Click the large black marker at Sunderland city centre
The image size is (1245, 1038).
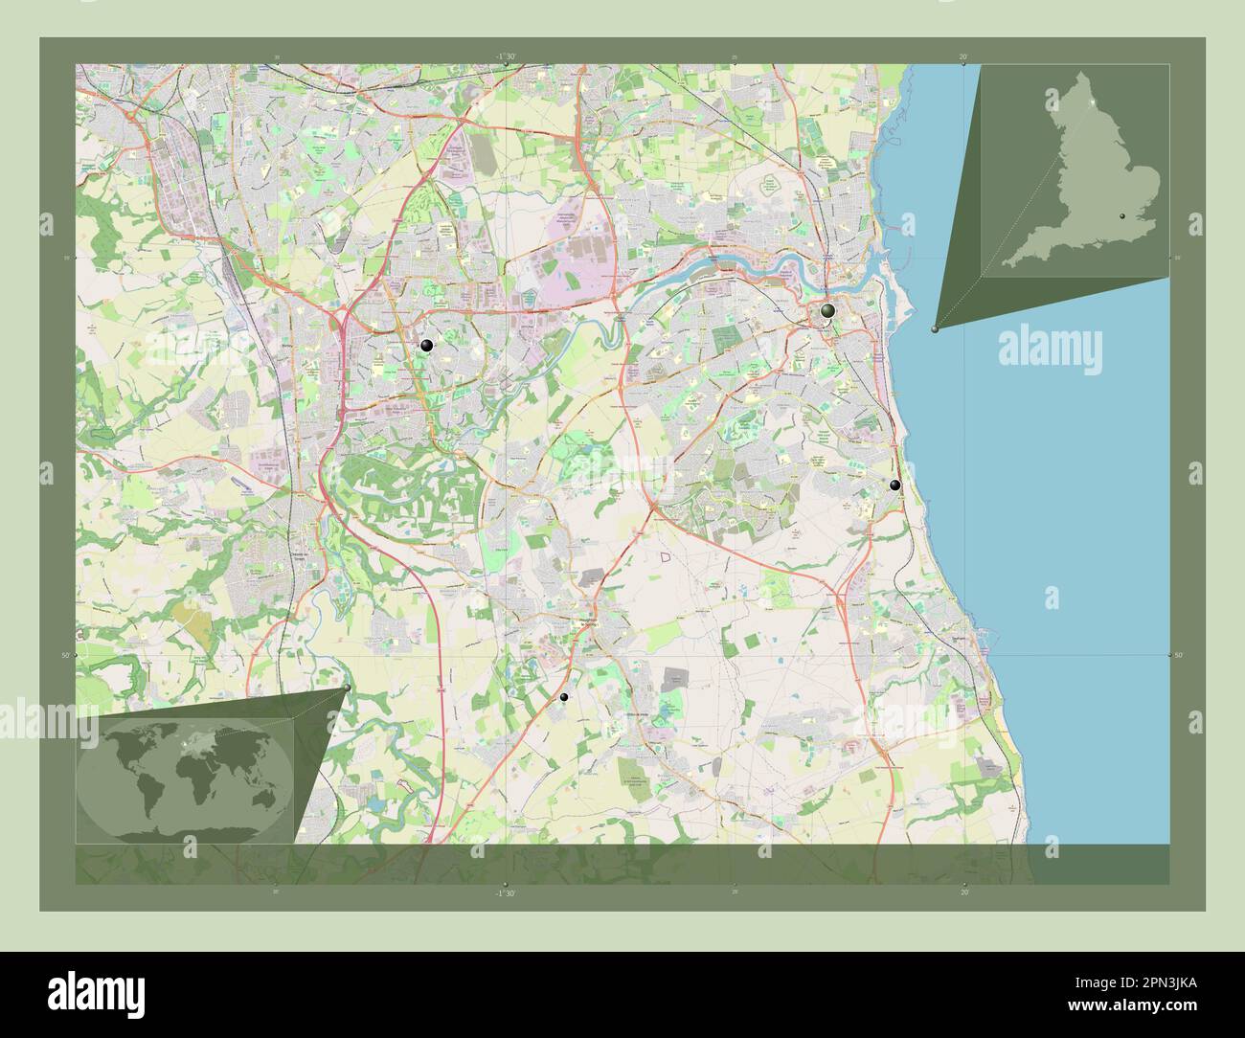(827, 311)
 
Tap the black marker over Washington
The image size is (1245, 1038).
(426, 346)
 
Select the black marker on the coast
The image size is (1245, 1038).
(894, 485)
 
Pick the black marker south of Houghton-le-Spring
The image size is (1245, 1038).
(564, 697)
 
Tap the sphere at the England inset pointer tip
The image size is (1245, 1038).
(935, 327)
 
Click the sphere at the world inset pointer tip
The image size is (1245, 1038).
(346, 688)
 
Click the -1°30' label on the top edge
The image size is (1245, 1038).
(506, 56)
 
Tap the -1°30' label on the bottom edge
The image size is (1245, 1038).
(506, 892)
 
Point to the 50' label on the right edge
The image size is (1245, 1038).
(1179, 655)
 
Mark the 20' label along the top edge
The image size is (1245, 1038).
(963, 56)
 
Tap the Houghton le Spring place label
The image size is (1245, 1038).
(595, 620)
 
